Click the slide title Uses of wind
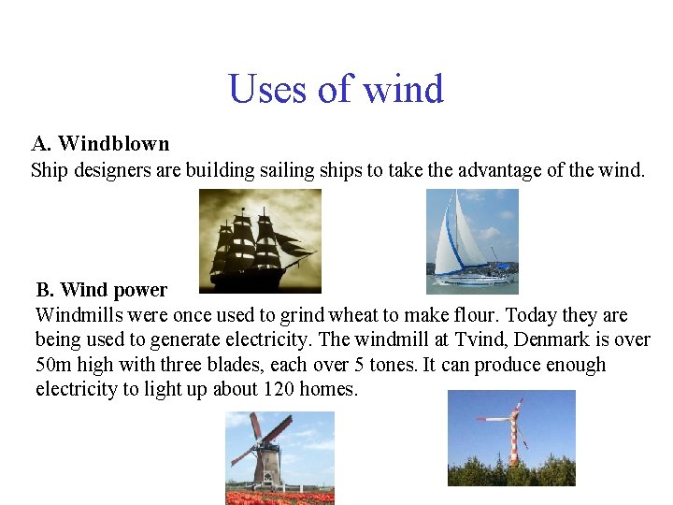tap(336, 90)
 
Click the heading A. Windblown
tap(100, 144)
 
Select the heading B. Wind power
tap(101, 290)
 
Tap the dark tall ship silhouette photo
tap(260, 241)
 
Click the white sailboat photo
tap(472, 241)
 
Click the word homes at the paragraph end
tap(328, 390)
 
